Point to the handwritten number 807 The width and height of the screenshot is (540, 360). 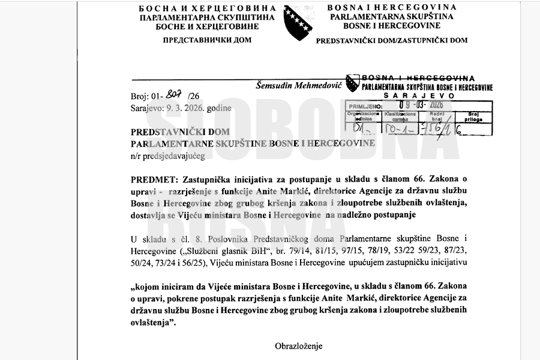(x=175, y=93)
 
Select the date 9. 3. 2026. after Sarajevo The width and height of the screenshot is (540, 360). (x=189, y=107)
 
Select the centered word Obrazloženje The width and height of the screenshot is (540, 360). (x=299, y=346)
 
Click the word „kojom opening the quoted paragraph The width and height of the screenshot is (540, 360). (x=146, y=286)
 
